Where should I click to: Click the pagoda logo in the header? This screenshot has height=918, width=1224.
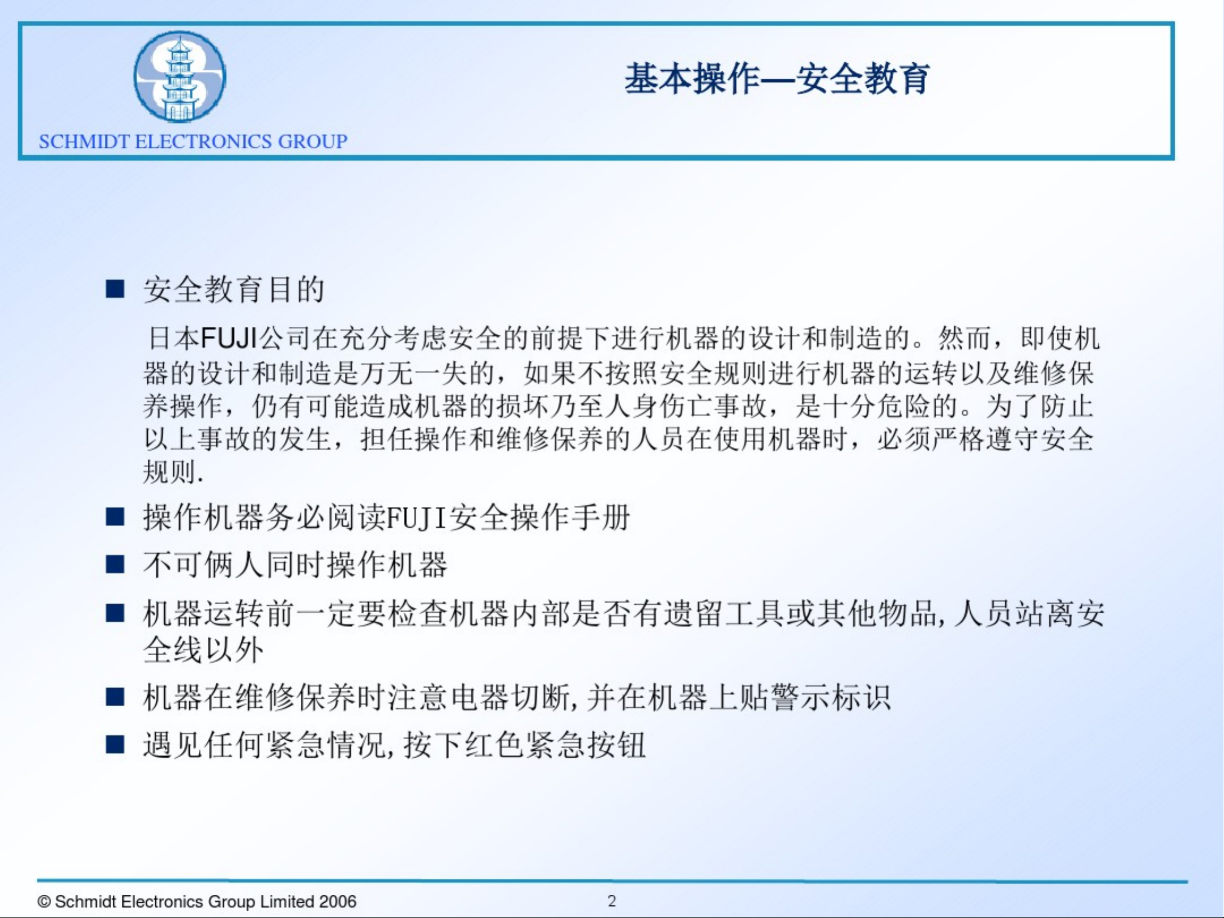[x=180, y=76]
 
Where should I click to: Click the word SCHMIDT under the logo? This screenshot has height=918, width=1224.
[x=84, y=142]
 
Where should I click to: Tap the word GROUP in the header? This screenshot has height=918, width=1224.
[x=312, y=142]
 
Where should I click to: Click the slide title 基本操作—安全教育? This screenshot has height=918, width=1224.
[x=777, y=79]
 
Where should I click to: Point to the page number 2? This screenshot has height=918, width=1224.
[x=612, y=900]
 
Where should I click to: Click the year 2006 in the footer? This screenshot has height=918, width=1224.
[x=338, y=901]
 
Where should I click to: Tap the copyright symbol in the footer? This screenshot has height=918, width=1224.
[x=44, y=902]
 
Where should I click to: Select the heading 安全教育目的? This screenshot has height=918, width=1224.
[x=233, y=289]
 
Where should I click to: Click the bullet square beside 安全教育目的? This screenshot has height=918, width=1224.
[x=115, y=289]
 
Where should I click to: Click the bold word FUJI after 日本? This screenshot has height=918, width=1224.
[x=229, y=338]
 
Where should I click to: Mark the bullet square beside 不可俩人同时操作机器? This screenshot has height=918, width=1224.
[x=115, y=565]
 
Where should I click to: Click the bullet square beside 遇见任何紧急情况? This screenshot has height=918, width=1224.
[x=115, y=744]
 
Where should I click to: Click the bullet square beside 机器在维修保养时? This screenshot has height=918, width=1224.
[x=115, y=697]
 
